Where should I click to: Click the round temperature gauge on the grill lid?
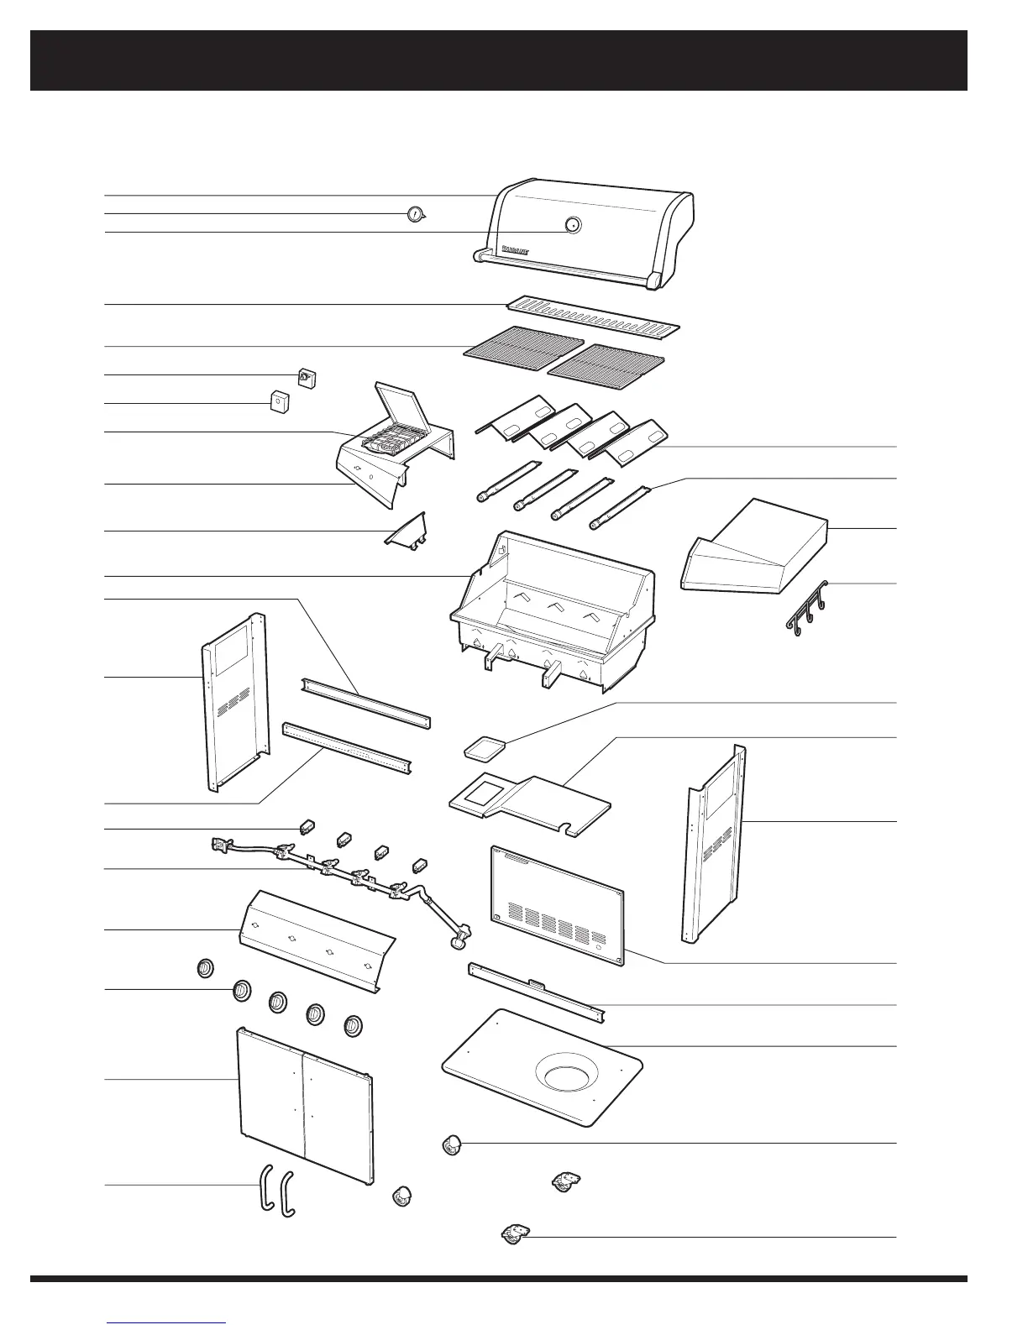coord(572,225)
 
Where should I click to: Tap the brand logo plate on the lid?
coord(515,249)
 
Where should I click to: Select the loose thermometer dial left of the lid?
coord(415,214)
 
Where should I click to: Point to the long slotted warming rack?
coord(593,317)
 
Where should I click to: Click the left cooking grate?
coord(522,345)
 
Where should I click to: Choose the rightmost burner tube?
coord(622,507)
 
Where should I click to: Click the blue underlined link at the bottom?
coord(167,1322)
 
